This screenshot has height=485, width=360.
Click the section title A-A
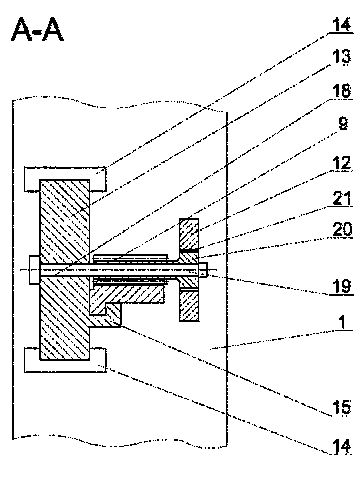pos(37,29)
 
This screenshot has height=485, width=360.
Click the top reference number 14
pos(342,24)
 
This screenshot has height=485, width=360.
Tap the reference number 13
pos(341,56)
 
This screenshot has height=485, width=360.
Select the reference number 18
pos(342,90)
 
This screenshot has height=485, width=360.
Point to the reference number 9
pos(343,123)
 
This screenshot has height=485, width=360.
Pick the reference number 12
pos(342,163)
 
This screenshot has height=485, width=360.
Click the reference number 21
pos(342,198)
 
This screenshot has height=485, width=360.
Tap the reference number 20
pos(342,229)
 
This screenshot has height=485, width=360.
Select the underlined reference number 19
pos(342,286)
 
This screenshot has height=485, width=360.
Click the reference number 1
pos(342,322)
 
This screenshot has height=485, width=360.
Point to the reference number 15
pos(342,407)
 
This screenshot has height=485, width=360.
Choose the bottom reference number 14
pos(342,446)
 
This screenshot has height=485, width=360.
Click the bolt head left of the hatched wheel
pos(34,270)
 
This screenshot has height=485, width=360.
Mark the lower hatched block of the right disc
pos(189,306)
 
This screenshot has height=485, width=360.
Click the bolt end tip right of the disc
pos(204,270)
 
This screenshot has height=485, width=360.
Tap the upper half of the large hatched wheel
pos(65,221)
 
